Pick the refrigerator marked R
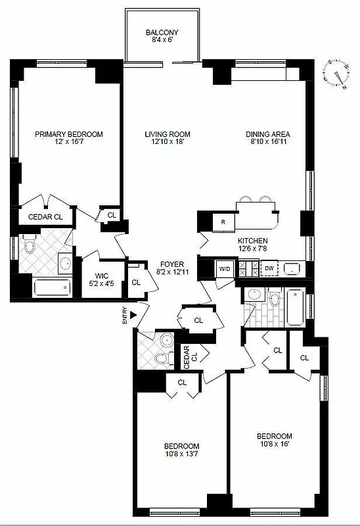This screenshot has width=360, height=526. [x=223, y=222]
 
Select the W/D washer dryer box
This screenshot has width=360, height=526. [x=225, y=268]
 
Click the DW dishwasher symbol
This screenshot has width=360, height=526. [x=269, y=268]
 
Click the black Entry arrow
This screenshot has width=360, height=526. [x=134, y=316]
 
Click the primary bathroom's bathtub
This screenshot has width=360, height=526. [x=51, y=286]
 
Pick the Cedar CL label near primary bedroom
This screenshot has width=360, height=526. [x=45, y=216]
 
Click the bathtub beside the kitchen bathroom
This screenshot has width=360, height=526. [x=295, y=306]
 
